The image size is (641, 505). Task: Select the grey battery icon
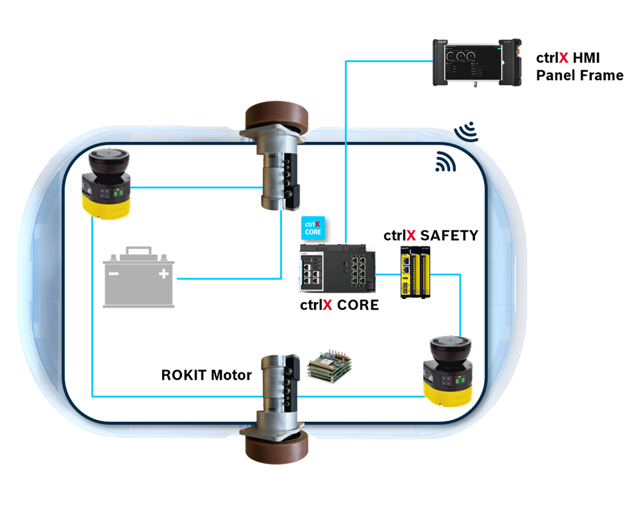click(138, 277)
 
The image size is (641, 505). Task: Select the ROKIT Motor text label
click(206, 375)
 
